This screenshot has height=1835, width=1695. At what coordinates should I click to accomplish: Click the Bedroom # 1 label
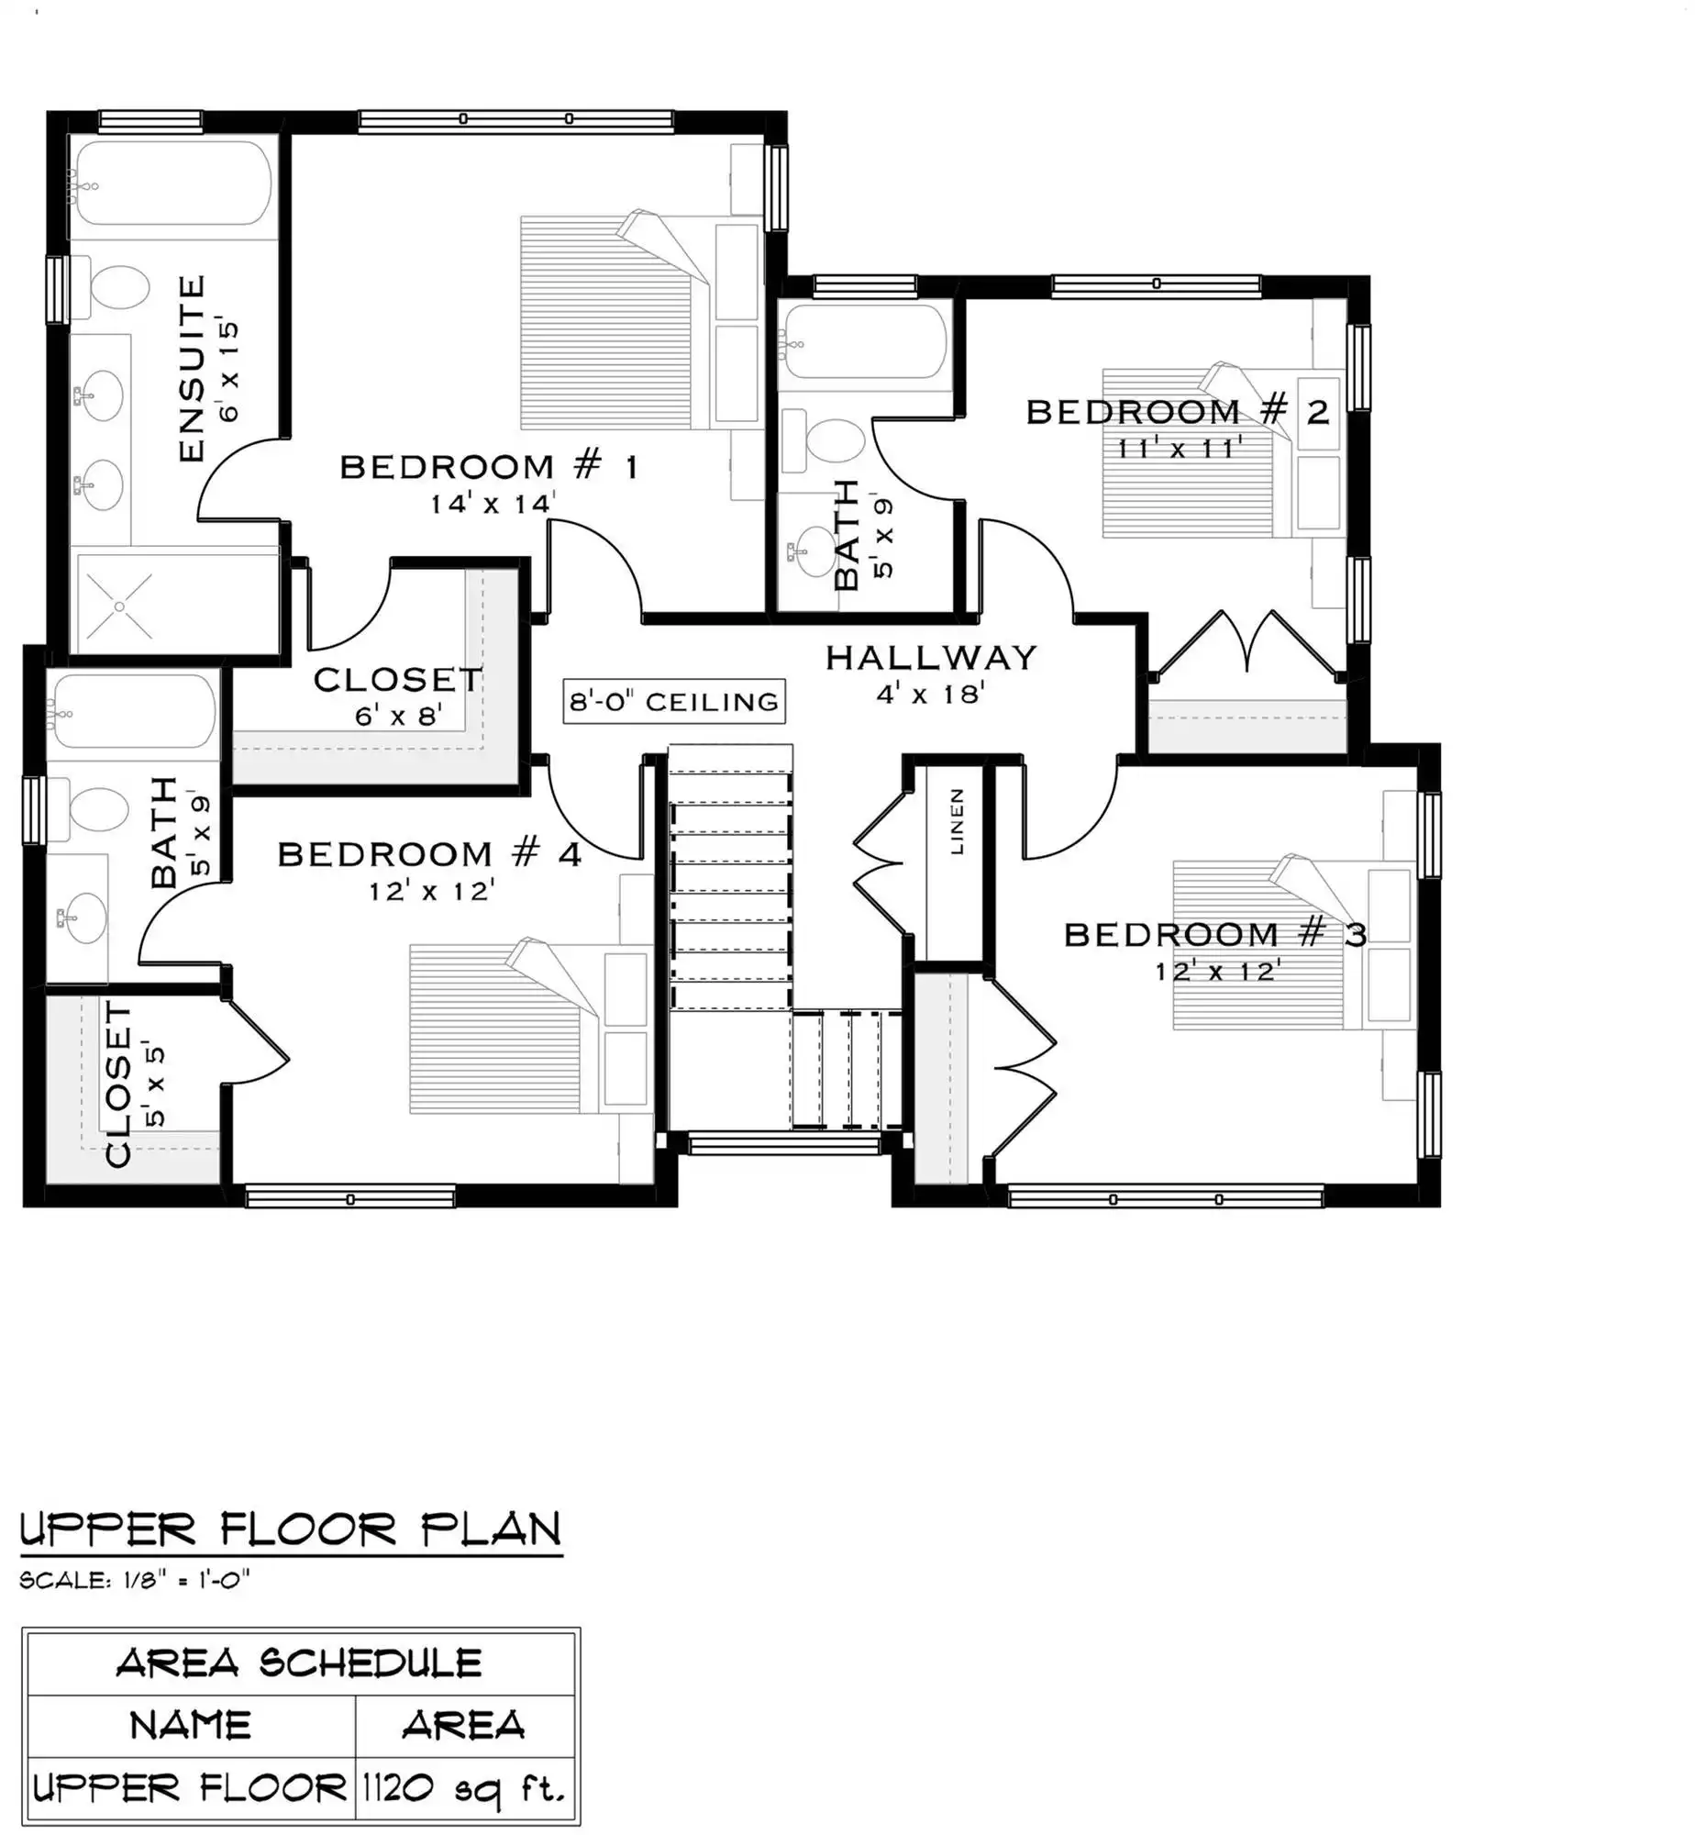click(x=489, y=467)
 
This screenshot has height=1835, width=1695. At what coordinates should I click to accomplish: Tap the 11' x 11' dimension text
click(x=1180, y=448)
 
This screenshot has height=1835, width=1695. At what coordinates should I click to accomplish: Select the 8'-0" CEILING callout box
click(x=674, y=702)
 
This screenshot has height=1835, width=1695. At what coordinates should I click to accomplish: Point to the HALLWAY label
click(x=931, y=658)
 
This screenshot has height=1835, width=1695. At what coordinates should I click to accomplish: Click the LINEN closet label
click(x=957, y=821)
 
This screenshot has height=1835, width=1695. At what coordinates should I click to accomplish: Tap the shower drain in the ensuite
click(x=120, y=606)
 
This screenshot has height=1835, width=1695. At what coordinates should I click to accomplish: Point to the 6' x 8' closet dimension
click(x=399, y=715)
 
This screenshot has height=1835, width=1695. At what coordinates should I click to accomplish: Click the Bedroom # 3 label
click(x=1215, y=935)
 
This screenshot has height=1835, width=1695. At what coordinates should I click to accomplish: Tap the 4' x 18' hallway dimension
click(x=930, y=695)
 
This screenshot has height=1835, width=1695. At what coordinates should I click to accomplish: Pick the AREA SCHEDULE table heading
click(x=299, y=1663)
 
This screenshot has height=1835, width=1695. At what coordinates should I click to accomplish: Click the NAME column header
click(x=191, y=1726)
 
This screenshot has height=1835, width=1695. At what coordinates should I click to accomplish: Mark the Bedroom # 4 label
click(x=429, y=855)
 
